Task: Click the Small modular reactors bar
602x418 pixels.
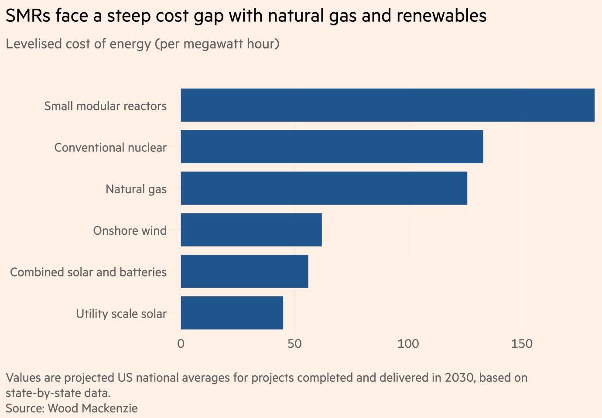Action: click(387, 105)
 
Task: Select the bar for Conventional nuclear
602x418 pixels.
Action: click(332, 147)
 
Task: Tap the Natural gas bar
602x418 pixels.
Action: click(324, 188)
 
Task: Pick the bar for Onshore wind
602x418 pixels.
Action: click(251, 230)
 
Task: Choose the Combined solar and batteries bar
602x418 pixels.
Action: click(244, 271)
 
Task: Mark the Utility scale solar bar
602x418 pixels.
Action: click(232, 313)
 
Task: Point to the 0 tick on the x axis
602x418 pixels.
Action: click(181, 344)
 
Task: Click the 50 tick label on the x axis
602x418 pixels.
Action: click(294, 344)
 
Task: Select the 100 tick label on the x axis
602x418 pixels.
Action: click(408, 344)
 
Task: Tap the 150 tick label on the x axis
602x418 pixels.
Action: click(522, 344)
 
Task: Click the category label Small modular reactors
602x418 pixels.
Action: click(105, 106)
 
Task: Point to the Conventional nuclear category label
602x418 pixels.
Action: click(110, 147)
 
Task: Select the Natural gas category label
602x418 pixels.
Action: click(136, 189)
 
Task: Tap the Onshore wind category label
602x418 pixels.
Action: click(130, 230)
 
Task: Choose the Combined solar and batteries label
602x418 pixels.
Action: click(88, 272)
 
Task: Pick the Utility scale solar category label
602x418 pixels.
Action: click(121, 314)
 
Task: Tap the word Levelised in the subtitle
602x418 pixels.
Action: click(34, 44)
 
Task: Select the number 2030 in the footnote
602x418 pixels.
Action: click(459, 377)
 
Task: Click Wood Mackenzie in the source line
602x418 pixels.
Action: click(92, 408)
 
